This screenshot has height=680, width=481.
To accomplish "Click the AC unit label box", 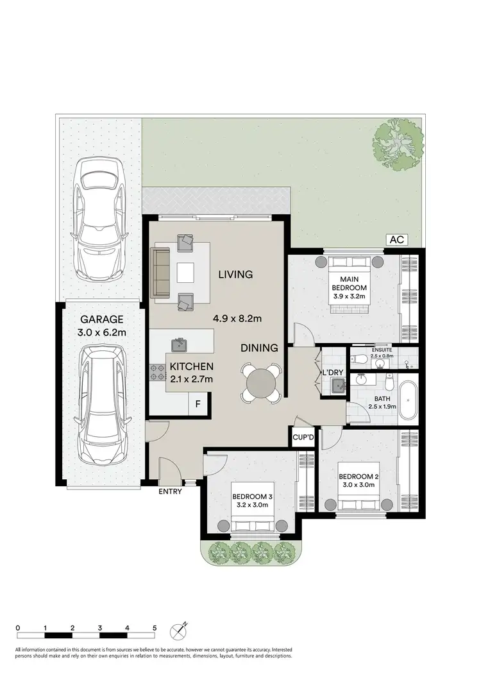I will pyautogui.click(x=397, y=239).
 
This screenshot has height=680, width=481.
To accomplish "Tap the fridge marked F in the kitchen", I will pyautogui.click(x=198, y=404).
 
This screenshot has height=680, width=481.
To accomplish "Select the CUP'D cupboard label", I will pyautogui.click(x=303, y=438).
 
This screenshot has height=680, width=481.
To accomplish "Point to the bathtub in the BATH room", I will pyautogui.click(x=408, y=401).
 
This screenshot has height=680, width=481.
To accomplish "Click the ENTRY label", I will pyautogui.click(x=171, y=492).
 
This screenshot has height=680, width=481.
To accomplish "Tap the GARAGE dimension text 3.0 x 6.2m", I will pyautogui.click(x=101, y=332).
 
